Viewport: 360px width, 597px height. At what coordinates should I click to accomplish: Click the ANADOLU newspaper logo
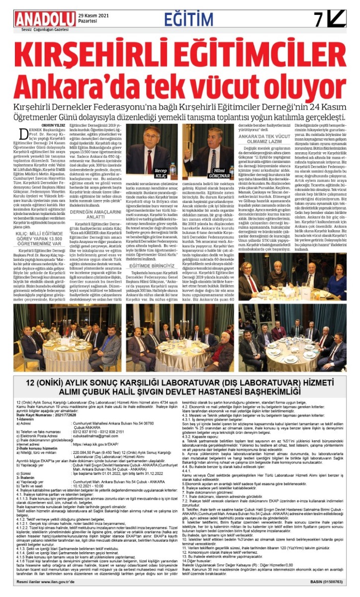coord(45,19)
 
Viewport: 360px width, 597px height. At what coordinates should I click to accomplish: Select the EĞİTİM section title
coord(197,19)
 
